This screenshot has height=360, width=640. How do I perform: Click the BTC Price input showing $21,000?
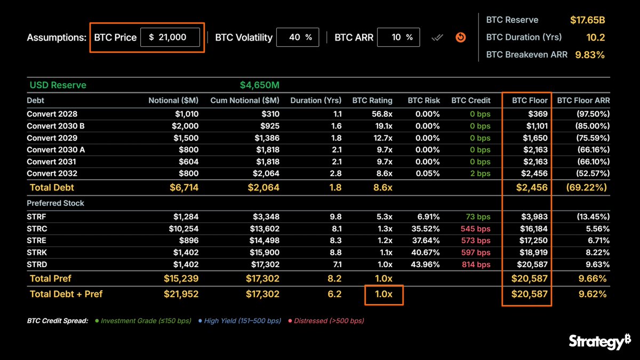170,37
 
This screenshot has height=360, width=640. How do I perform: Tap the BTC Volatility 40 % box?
298,37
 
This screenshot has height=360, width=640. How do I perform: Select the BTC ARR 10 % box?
398,37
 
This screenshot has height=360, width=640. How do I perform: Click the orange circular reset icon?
461,37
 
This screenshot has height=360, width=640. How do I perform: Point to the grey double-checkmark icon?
437,37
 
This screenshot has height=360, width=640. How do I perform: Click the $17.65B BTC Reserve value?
587,20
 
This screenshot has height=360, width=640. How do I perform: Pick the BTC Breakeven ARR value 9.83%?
590,54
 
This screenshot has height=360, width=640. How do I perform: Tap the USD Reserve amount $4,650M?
259,85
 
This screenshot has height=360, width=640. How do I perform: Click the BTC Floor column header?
530,100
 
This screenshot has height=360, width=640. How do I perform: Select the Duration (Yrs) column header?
316,100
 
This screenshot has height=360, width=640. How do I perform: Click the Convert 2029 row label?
52,138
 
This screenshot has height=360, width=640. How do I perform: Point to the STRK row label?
37,252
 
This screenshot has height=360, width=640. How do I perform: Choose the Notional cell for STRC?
183,229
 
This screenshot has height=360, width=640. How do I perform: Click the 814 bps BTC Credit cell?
476,265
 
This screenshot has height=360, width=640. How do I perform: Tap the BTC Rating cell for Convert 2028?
382,114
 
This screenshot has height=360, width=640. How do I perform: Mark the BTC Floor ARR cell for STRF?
593,217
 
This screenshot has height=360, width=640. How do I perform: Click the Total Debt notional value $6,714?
184,187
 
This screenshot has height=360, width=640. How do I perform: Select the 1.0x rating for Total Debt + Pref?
383,294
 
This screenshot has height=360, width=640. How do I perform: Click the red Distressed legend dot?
290,321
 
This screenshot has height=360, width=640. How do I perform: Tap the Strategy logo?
599,341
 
